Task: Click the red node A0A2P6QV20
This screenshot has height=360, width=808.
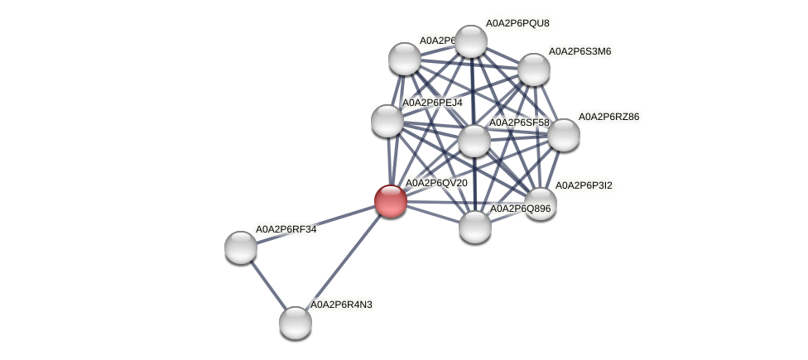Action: [x=390, y=201]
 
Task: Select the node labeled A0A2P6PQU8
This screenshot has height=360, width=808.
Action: [x=471, y=41]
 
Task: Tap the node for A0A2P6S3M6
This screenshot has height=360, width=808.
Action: [x=534, y=70]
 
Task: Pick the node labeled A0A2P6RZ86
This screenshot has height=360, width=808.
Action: [x=564, y=135]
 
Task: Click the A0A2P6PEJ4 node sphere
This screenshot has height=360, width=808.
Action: [x=387, y=121]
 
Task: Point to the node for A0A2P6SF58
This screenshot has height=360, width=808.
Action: [x=474, y=141]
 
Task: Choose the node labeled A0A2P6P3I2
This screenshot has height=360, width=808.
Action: [x=541, y=204]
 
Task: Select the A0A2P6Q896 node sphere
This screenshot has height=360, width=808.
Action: [x=475, y=227]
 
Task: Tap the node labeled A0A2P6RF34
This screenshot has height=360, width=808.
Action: [x=241, y=247]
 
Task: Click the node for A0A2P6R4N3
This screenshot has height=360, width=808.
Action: [x=295, y=323]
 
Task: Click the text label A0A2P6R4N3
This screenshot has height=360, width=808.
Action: [x=341, y=305]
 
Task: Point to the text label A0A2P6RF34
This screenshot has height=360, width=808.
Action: [x=286, y=229]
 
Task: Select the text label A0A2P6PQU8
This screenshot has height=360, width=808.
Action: [x=517, y=23]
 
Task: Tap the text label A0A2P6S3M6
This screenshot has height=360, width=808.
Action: [x=580, y=51]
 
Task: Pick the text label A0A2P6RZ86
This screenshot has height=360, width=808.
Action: [x=608, y=117]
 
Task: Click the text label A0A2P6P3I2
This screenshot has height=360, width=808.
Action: [x=584, y=185]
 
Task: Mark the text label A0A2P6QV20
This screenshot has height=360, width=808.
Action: [x=435, y=183]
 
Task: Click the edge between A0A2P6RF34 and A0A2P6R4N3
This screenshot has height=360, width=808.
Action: [x=267, y=285]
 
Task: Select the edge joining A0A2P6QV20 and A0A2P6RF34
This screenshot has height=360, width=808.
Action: [x=315, y=223]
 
